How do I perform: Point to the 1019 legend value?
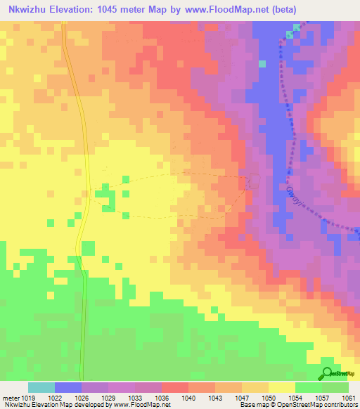click(x=27, y=398)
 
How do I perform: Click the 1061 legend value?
click(x=349, y=398)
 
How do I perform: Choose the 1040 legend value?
click(x=188, y=398)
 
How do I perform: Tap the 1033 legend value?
click(x=135, y=398)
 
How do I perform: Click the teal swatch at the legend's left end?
click(x=41, y=387)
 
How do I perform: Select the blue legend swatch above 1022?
click(x=67, y=387)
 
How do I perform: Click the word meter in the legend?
click(x=10, y=398)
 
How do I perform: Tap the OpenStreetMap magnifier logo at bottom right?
click(x=327, y=373)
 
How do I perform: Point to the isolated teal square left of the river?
click(x=262, y=63)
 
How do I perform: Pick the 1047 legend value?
click(x=243, y=398)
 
